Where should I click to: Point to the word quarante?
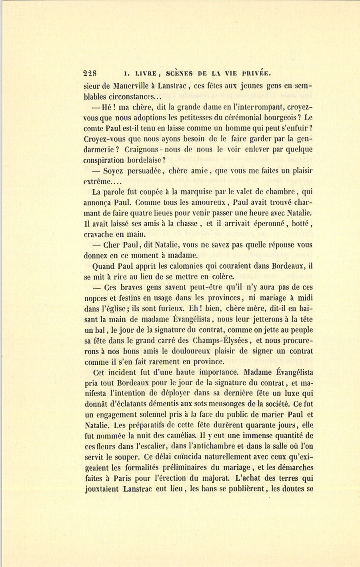261,425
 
